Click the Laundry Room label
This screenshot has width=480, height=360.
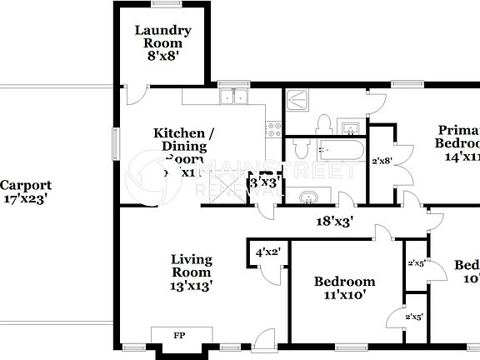163,37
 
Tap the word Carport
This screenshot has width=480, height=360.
26,186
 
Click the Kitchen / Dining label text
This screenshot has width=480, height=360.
184,140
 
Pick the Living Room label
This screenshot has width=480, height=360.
192,265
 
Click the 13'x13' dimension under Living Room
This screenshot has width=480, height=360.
192,285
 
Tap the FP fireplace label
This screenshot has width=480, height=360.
178,336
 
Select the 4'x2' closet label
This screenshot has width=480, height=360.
267,252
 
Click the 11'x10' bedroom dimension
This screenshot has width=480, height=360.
344,295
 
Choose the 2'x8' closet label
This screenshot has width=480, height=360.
382,161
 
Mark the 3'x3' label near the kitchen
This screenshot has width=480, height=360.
265,182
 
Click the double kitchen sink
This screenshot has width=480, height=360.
232,97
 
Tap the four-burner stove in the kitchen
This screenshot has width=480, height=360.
272,129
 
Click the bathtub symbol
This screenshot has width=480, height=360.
339,150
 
